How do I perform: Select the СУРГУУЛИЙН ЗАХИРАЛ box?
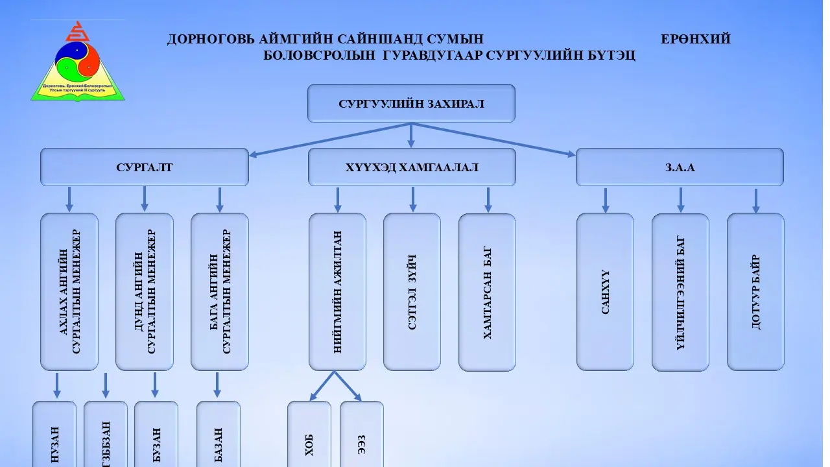(x=411, y=103)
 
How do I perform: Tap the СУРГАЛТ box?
(x=144, y=167)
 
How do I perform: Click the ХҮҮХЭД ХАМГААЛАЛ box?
(x=412, y=167)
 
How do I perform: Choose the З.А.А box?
(x=680, y=167)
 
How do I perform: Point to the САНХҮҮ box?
(x=605, y=292)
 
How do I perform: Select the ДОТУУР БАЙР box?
(x=755, y=292)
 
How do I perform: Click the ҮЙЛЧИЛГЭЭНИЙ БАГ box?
(x=680, y=292)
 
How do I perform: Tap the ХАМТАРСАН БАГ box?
(x=487, y=292)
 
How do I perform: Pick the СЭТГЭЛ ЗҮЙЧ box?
(x=412, y=292)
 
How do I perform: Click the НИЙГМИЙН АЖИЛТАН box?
(x=337, y=292)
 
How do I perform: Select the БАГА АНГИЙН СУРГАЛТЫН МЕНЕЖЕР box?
(x=219, y=292)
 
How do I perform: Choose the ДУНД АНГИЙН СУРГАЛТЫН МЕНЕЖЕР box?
(x=144, y=292)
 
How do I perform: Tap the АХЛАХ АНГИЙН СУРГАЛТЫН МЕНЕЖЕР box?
(x=69, y=292)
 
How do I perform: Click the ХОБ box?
(x=309, y=435)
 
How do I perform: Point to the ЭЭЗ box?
(x=361, y=435)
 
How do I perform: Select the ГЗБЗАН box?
(x=106, y=435)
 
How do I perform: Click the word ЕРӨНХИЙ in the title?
(x=695, y=39)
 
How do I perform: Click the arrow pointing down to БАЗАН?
(x=217, y=385)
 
